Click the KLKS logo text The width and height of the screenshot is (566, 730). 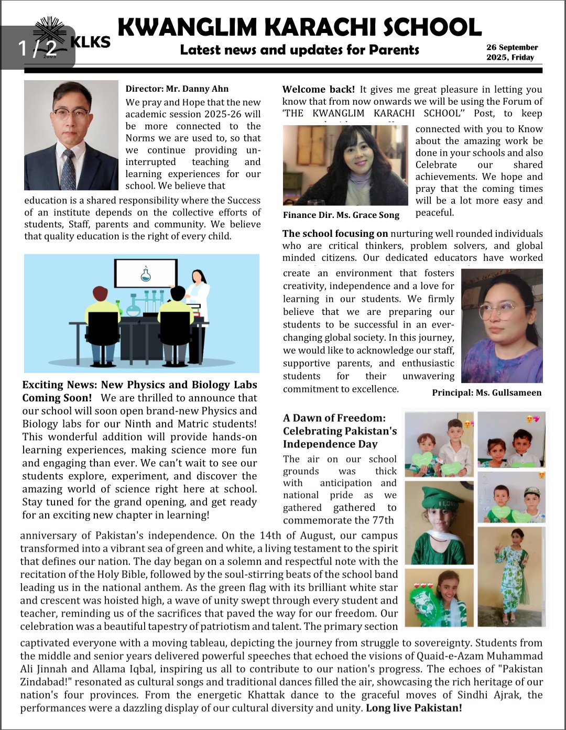point(90,42)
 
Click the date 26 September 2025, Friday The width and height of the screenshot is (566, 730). point(511,52)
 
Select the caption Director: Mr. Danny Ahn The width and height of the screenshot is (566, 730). point(177,89)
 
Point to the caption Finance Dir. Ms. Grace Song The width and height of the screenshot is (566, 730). point(341,215)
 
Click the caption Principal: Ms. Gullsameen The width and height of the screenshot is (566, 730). point(486,393)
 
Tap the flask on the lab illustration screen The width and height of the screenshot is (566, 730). point(146,273)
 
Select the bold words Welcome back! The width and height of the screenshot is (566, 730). point(318,90)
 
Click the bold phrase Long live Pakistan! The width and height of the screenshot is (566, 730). point(413,708)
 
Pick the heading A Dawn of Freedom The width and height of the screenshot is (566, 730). point(334,418)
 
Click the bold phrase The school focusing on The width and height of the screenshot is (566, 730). point(335,234)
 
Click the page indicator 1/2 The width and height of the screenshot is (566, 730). point(37,48)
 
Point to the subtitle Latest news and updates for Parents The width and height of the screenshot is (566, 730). point(299,50)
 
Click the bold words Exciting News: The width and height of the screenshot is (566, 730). point(59,385)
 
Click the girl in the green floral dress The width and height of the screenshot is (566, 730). point(509,579)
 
